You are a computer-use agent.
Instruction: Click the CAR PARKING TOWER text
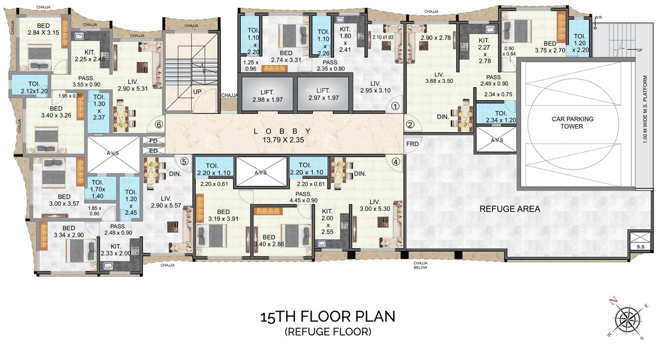[572, 122]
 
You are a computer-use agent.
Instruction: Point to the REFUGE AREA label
[510, 209]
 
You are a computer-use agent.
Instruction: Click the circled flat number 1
[395, 106]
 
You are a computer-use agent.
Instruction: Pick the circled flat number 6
[158, 125]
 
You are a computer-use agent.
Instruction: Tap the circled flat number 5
[184, 161]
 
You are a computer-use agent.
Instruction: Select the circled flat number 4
[395, 161]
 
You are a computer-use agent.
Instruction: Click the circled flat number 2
[409, 124]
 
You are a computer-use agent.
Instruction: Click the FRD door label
[412, 144]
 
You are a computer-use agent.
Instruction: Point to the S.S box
[641, 246]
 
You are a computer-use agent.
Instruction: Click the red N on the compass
[613, 300]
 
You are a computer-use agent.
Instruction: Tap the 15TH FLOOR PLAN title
[328, 316]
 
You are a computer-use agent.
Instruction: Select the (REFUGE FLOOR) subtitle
[328, 332]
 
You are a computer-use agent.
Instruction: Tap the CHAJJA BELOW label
[421, 266]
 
